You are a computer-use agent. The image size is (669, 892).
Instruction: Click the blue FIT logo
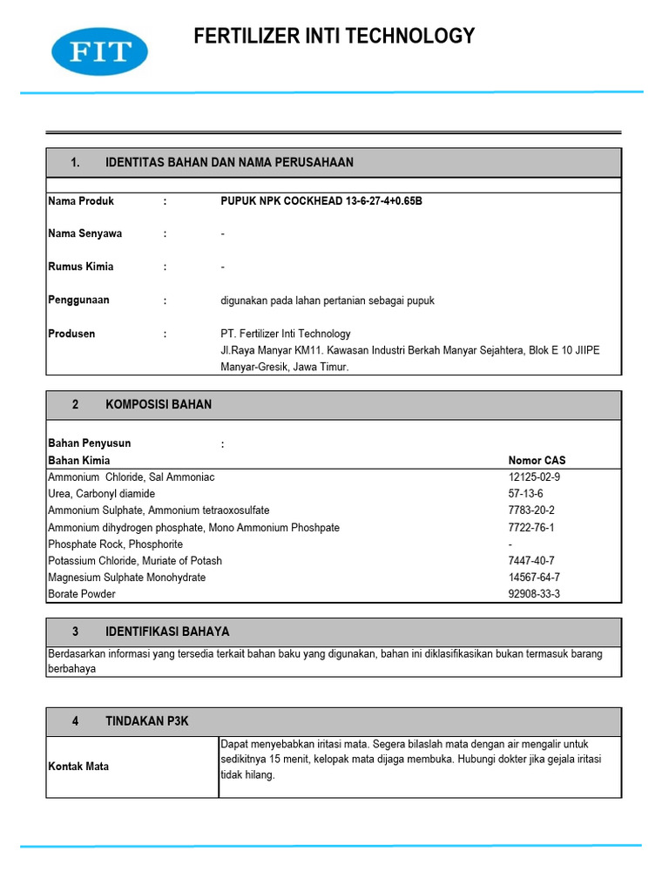pos(99,51)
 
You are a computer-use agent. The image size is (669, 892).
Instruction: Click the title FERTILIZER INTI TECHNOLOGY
pos(334,36)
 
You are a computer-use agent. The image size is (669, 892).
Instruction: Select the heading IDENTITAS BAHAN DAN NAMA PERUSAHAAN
pos(229,163)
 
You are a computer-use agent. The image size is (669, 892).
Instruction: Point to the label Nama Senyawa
pos(85,234)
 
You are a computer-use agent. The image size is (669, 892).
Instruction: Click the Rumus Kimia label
pos(81,267)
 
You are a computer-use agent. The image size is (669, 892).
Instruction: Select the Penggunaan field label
pos(79,301)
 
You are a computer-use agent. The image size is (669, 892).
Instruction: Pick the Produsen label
pos(72,334)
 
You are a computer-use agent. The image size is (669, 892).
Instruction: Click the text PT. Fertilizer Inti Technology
pos(286,334)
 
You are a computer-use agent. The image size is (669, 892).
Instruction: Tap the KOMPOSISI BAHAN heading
pos(159,405)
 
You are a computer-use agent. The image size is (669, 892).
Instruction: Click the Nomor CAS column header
pos(537,461)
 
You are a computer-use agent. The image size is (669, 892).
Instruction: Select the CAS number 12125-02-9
pos(534,477)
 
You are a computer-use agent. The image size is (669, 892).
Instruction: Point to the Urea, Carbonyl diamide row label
pos(102,494)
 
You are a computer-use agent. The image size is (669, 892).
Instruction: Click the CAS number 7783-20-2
pos(531,510)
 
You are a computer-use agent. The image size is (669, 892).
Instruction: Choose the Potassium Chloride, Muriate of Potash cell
pos(135,561)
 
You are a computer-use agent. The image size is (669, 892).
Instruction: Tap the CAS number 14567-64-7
pos(534,578)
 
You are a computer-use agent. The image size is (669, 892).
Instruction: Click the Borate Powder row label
pos(82,594)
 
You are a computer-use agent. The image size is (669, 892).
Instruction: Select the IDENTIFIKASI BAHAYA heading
pos(167,632)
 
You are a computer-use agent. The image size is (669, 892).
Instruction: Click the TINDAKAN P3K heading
pos(146,722)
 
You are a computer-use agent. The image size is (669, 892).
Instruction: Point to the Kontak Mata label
pos(79,767)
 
